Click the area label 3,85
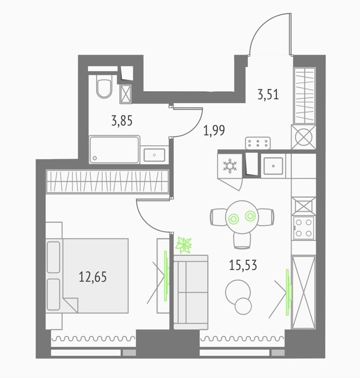[x=122, y=121]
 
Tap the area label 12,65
[x=93, y=276]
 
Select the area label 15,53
[x=243, y=265]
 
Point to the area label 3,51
[x=268, y=94]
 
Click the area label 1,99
[x=214, y=130]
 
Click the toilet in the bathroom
[x=104, y=86]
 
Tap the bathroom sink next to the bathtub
[x=154, y=155]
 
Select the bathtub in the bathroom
[x=114, y=150]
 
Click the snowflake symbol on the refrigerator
[x=230, y=166]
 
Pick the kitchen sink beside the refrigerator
[x=273, y=166]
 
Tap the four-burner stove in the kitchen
[x=304, y=228]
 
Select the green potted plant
[x=184, y=245]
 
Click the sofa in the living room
[x=191, y=292]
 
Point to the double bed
[x=87, y=276]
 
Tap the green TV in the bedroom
[x=166, y=276]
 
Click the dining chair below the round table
[x=242, y=241]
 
